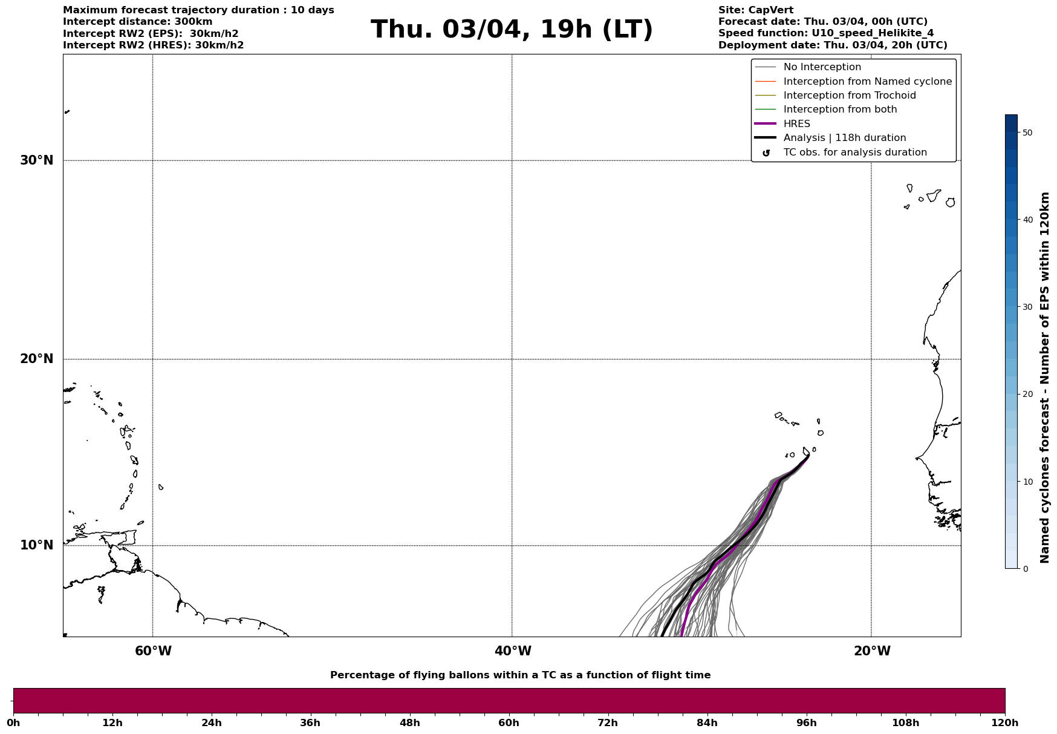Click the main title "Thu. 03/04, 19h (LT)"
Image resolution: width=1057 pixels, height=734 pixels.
click(x=512, y=30)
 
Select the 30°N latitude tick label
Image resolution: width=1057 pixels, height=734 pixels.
click(x=37, y=160)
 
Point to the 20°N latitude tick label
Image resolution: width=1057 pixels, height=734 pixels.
click(x=37, y=359)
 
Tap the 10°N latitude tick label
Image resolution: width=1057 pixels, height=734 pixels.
click(x=37, y=545)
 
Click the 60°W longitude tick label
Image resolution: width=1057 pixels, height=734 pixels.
click(x=153, y=651)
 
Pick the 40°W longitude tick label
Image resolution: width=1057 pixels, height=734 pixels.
click(x=513, y=651)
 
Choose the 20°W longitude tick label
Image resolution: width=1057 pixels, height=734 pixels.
click(x=872, y=651)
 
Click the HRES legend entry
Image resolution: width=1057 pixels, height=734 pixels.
click(x=796, y=124)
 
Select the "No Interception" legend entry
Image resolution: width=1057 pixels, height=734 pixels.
click(x=822, y=67)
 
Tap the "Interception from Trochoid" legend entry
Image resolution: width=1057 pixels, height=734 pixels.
click(x=849, y=96)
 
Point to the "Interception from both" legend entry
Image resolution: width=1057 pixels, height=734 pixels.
click(x=840, y=110)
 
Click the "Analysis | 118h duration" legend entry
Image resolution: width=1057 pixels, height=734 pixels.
click(x=844, y=138)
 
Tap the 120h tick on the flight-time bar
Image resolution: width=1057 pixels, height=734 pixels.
click(x=1005, y=723)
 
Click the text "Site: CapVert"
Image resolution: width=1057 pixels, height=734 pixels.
click(x=755, y=10)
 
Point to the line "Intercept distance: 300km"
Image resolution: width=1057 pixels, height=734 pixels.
click(x=137, y=22)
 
